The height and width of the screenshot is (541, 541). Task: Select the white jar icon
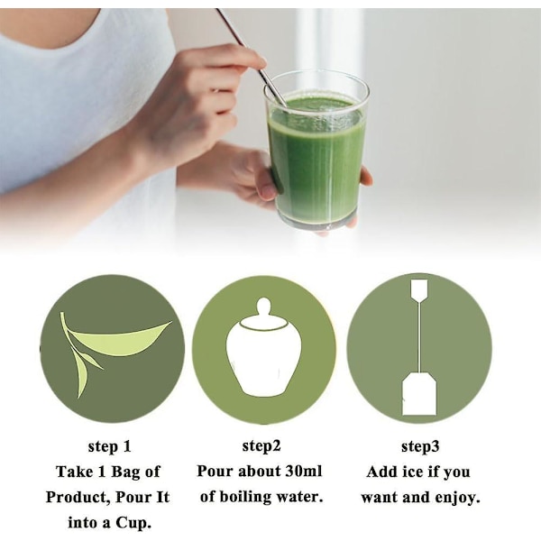pyautogui.click(x=263, y=347)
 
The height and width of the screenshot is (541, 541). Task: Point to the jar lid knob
pyautogui.click(x=264, y=306)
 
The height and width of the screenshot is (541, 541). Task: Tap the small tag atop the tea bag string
pyautogui.click(x=419, y=289)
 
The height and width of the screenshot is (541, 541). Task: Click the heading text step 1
pyautogui.click(x=109, y=446)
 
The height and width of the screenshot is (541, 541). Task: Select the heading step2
pyautogui.click(x=261, y=445)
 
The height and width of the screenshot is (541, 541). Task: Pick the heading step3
pyautogui.click(x=420, y=446)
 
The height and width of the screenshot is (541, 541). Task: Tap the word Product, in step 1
pyautogui.click(x=78, y=498)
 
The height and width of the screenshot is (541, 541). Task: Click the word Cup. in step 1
pyautogui.click(x=133, y=524)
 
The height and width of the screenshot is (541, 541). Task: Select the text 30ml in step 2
pyautogui.click(x=304, y=472)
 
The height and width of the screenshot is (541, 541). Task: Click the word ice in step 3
pyautogui.click(x=413, y=472)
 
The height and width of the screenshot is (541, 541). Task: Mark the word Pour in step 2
pyautogui.click(x=214, y=472)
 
